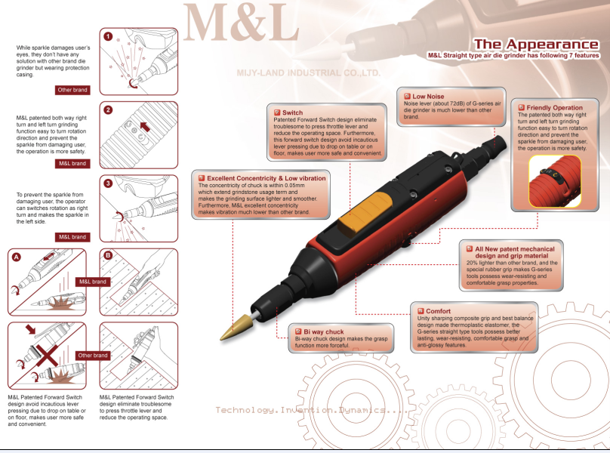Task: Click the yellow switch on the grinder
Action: point(365,214)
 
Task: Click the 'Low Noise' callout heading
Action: point(428,96)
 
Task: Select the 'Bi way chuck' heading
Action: point(324,331)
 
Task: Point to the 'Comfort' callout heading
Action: point(438,311)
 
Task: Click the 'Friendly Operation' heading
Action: point(554,107)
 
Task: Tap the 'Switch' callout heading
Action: point(293,112)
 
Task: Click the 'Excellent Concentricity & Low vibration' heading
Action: point(266,178)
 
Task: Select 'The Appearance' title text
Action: point(536,44)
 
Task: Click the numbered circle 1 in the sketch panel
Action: point(108,36)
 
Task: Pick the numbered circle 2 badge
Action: point(108,109)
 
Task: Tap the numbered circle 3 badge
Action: point(108,183)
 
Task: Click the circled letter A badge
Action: point(17,257)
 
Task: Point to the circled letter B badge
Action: point(108,255)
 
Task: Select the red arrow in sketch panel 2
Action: point(145,127)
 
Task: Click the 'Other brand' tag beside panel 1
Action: point(72,90)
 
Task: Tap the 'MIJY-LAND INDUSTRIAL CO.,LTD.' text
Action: point(308,72)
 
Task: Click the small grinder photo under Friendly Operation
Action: point(555,181)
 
